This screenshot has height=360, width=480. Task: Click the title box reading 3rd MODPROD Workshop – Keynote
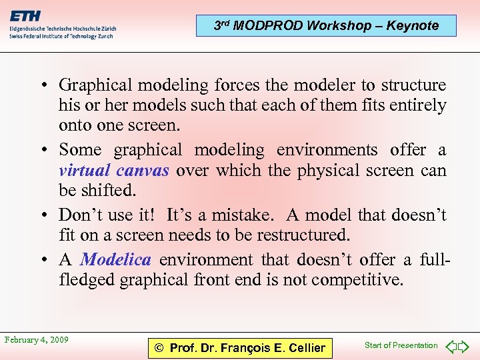pos(327,26)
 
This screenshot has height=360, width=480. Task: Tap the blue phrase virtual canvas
pos(113,171)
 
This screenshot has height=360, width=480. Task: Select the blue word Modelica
pos(115,259)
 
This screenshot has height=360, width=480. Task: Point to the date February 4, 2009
pos(37,340)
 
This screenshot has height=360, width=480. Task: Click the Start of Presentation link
pos(401,345)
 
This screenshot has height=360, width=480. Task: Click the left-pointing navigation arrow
pos(451,346)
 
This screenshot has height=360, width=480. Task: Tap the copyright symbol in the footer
pos(159,348)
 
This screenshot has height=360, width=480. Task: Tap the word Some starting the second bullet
pos(80,150)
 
